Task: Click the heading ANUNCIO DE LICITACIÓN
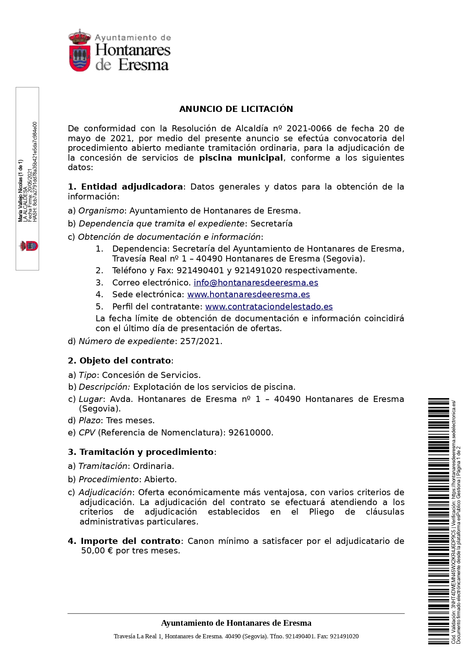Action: pyautogui.click(x=236, y=109)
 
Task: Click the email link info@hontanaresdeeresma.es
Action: pyautogui.click(x=256, y=283)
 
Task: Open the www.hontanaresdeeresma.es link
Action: pyautogui.click(x=249, y=295)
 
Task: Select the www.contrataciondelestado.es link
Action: pyautogui.click(x=269, y=307)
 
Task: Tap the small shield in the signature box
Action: pyautogui.click(x=29, y=246)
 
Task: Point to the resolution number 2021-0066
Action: pyautogui.click(x=309, y=129)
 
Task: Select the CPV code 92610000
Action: pyautogui.click(x=250, y=433)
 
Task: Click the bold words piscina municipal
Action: pyautogui.click(x=241, y=158)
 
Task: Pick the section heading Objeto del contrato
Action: pyautogui.click(x=125, y=361)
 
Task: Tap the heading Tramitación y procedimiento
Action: pyautogui.click(x=146, y=452)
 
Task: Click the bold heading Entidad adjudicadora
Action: pyautogui.click(x=132, y=187)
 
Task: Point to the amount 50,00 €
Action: pyautogui.click(x=97, y=551)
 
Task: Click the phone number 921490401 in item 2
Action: pyautogui.click(x=200, y=271)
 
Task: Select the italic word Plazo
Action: pyautogui.click(x=90, y=421)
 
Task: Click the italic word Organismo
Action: pyautogui.click(x=101, y=211)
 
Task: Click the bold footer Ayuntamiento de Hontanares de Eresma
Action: pyautogui.click(x=236, y=623)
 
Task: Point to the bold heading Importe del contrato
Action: pyautogui.click(x=130, y=541)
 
